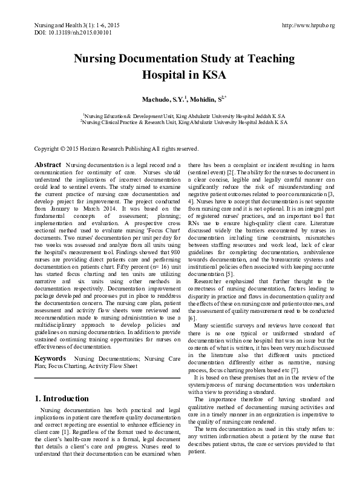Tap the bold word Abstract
point(48,165)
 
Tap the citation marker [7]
point(312,353)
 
